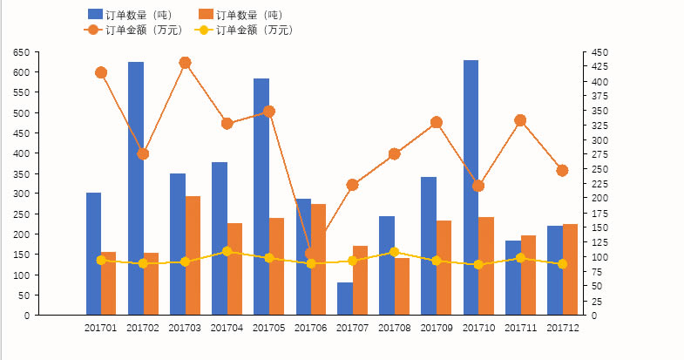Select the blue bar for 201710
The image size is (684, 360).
(471, 187)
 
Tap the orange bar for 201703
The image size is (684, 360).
(193, 255)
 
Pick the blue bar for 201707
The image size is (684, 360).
(345, 299)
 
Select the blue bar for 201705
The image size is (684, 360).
(261, 196)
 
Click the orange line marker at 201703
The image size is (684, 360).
(185, 63)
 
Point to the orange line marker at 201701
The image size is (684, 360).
(101, 72)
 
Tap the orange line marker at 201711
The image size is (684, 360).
(520, 120)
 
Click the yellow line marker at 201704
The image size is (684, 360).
(227, 251)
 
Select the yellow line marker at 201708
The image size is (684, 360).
(395, 252)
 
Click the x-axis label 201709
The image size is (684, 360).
(436, 328)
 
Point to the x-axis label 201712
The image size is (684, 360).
(562, 328)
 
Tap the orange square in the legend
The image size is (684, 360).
(206, 15)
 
